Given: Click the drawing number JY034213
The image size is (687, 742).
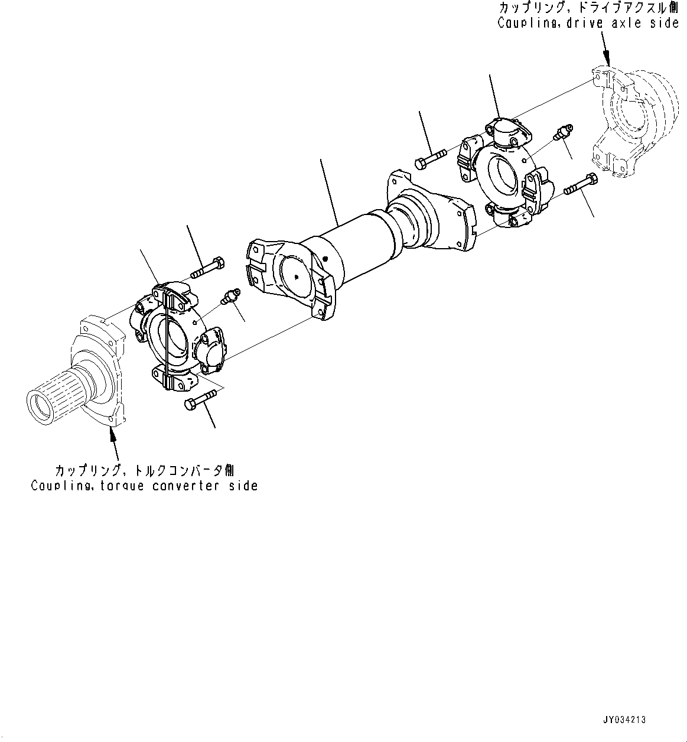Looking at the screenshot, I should pos(624,720).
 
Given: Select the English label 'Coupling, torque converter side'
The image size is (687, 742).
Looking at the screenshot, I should pos(144,486).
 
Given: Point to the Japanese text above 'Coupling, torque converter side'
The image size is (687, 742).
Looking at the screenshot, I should pos(144,471).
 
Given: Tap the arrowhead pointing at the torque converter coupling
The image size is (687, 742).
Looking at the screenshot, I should pos(110,435).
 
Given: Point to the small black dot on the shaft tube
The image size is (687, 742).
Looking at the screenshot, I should pos(325,258).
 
